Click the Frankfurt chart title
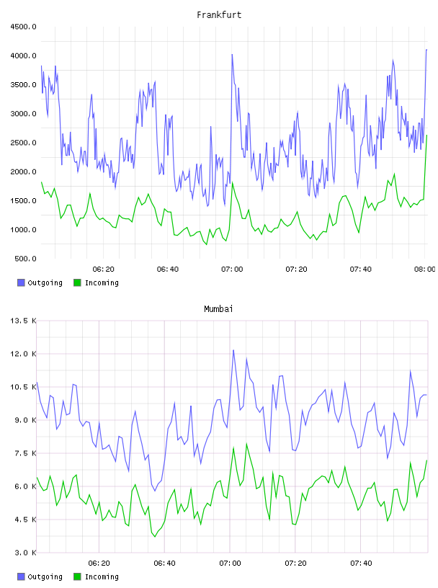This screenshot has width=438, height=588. click(x=219, y=15)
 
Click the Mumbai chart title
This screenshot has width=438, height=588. click(x=218, y=309)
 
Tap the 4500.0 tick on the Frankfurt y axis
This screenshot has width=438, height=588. click(x=23, y=27)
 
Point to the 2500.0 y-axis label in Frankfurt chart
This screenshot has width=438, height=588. click(x=23, y=143)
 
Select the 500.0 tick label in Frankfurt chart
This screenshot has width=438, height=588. click(x=25, y=259)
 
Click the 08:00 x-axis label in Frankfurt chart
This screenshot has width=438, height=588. click(x=425, y=269)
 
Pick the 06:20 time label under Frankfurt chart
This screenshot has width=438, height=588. click(x=104, y=269)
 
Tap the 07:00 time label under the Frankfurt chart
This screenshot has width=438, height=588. click(x=232, y=269)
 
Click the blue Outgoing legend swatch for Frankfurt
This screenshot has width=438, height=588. click(x=21, y=282)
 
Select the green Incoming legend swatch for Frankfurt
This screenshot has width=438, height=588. click(x=77, y=282)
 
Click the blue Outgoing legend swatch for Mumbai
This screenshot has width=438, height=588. click(x=21, y=576)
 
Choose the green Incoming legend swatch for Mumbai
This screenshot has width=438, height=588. click(x=77, y=576)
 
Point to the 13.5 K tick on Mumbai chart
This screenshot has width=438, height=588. click(x=23, y=321)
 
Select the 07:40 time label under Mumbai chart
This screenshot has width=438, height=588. click(x=361, y=563)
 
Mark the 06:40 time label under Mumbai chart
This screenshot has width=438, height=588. click(x=165, y=563)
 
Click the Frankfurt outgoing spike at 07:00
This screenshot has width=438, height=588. click(x=232, y=55)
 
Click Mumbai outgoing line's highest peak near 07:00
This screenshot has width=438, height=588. click(x=233, y=351)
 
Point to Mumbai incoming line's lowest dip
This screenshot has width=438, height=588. click(x=154, y=537)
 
